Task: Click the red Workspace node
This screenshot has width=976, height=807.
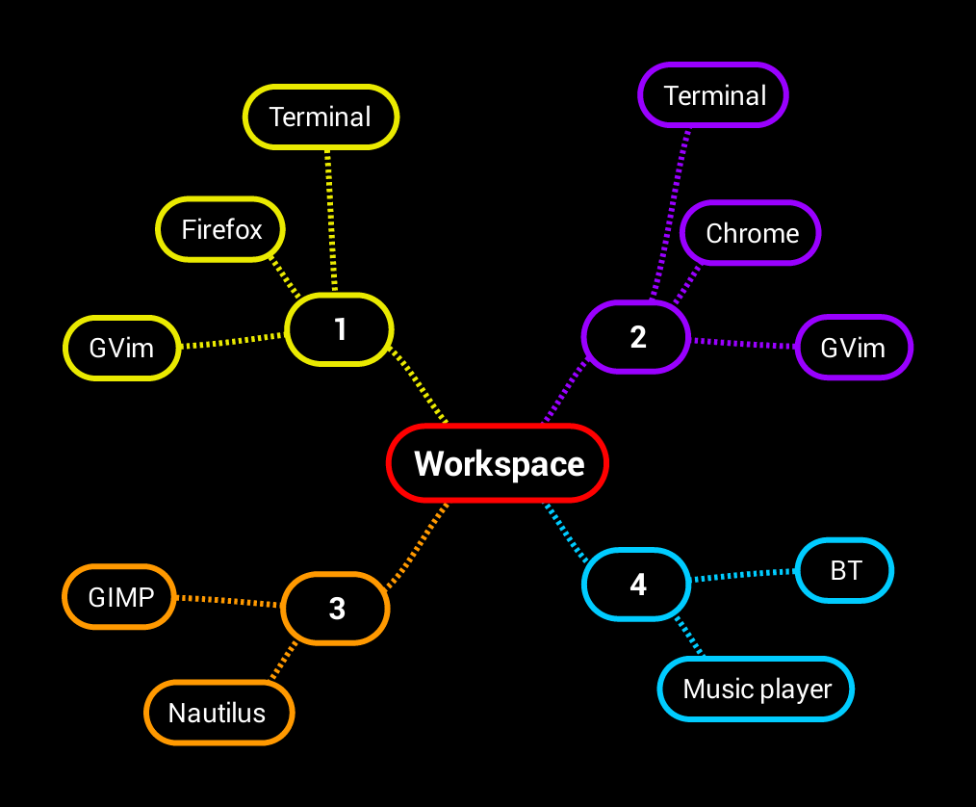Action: click(498, 463)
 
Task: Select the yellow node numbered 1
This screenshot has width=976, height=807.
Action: click(340, 329)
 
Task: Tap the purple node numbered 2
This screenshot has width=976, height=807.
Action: click(636, 337)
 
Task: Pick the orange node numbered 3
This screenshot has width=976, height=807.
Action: click(336, 608)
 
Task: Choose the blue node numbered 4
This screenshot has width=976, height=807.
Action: click(637, 585)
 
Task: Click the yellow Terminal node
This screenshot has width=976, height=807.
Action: click(321, 117)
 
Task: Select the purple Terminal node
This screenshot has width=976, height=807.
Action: click(714, 95)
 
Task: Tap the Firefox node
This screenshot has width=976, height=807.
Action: click(221, 229)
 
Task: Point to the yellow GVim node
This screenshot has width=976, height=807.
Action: click(121, 347)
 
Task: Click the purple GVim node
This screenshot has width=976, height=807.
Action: click(853, 347)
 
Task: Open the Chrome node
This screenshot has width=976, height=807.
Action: click(751, 233)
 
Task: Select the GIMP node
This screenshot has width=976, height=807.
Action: click(120, 597)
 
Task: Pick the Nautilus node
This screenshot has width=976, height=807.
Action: click(218, 713)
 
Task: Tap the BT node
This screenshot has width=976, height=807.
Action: click(845, 570)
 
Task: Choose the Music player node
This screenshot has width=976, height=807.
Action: click(757, 689)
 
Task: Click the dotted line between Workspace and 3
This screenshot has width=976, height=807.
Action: click(418, 546)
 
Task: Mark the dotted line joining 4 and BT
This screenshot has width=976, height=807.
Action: click(744, 575)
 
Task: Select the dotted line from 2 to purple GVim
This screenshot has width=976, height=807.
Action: click(744, 343)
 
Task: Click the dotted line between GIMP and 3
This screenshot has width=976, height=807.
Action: click(228, 602)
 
